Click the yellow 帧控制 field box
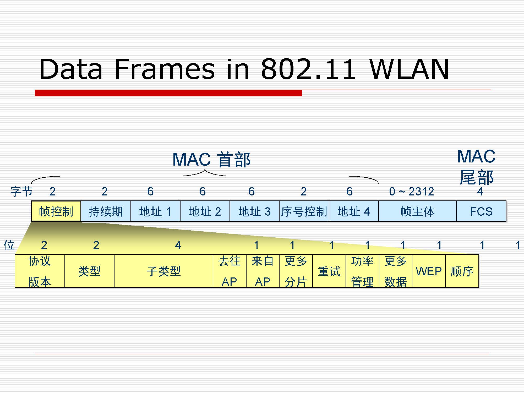[x=56, y=211]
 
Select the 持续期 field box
[x=106, y=211]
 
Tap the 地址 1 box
[x=155, y=211]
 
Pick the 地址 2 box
[x=205, y=211]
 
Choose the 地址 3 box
[x=254, y=211]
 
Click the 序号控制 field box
[x=304, y=211]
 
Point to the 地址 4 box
[x=353, y=211]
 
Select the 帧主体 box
[x=417, y=211]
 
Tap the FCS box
[x=481, y=211]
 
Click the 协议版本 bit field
[x=40, y=271]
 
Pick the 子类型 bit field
[x=163, y=271]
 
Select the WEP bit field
[x=429, y=271]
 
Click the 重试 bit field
[x=329, y=271]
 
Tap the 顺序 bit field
[x=462, y=271]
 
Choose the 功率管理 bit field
[x=362, y=271]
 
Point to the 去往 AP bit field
[x=230, y=271]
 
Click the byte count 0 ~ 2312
[x=411, y=192]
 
